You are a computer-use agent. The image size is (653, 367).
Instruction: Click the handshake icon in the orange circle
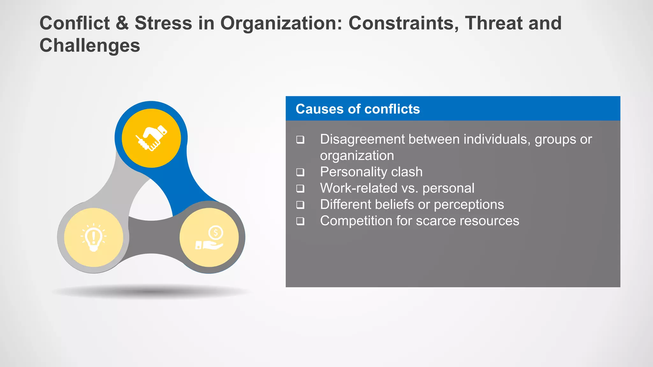point(151,138)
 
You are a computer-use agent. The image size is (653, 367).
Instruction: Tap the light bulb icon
point(93,237)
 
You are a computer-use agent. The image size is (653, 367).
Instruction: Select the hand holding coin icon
point(209,238)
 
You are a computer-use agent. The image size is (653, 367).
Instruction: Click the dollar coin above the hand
point(216,233)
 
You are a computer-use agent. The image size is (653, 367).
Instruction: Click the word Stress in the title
point(163,23)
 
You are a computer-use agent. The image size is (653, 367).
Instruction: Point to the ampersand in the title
point(122,23)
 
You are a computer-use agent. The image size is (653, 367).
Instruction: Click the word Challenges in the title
point(90,45)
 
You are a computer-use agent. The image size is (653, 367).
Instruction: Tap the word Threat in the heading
point(494,23)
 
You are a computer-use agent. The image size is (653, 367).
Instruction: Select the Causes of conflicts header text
point(357,109)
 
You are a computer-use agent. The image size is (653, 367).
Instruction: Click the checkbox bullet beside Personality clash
point(300,172)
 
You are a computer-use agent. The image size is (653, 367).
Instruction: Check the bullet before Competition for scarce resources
point(300,221)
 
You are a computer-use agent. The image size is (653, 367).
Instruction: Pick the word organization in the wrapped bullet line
point(357,156)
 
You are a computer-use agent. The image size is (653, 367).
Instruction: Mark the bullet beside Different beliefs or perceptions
point(300,205)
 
